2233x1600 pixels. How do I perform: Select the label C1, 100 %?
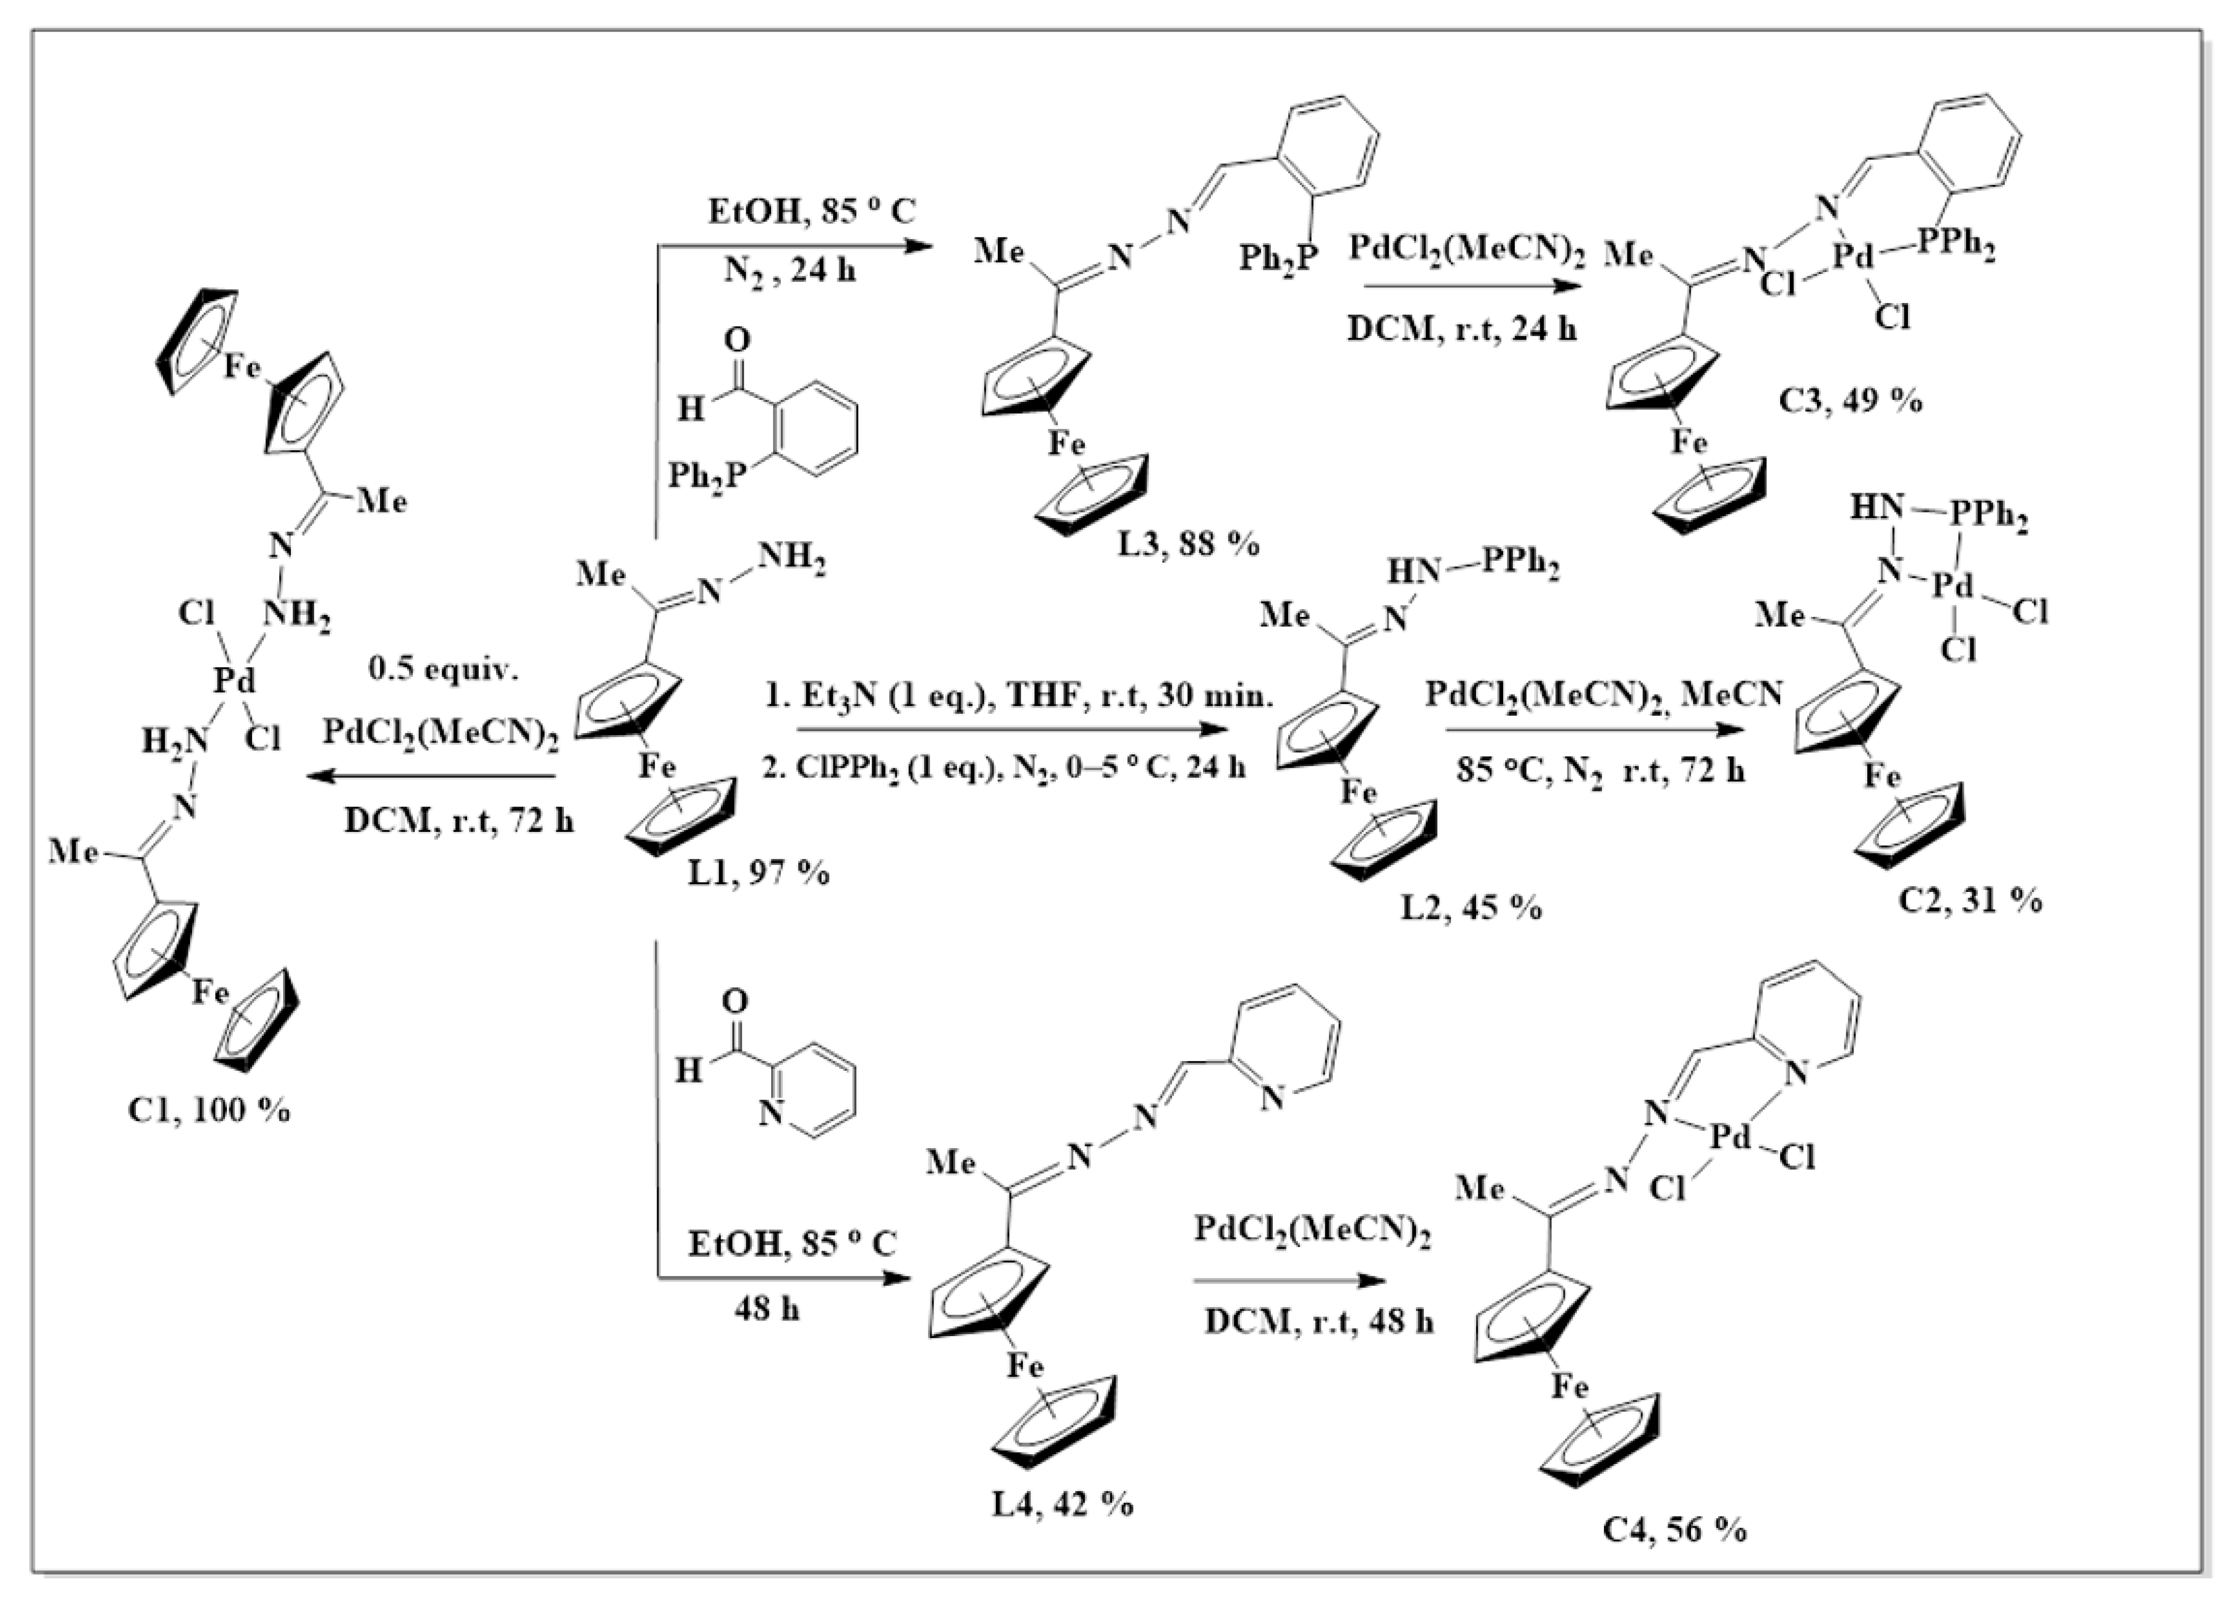click(x=209, y=1110)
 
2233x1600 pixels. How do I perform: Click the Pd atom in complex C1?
click(x=234, y=680)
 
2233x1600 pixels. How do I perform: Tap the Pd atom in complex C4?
click(x=1730, y=1138)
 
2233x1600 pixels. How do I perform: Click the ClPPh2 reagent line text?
click(x=1004, y=767)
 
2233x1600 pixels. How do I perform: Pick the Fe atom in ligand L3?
click(x=1065, y=444)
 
